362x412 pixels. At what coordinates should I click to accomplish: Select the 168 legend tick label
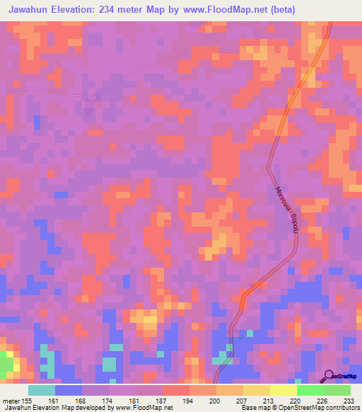pyautogui.click(x=82, y=401)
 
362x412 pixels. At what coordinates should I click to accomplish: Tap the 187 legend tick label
pyautogui.click(x=162, y=401)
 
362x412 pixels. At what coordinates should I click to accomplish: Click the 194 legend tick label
pyautogui.click(x=189, y=401)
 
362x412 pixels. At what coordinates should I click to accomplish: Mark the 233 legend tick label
pyautogui.click(x=350, y=401)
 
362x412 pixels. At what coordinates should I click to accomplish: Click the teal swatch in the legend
pyautogui.click(x=42, y=390)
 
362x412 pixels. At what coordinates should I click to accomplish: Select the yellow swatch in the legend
pyautogui.click(x=284, y=390)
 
